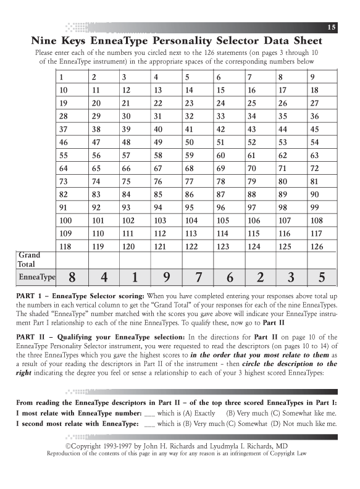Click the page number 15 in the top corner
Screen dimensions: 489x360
(x=332, y=28)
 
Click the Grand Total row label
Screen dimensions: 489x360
(x=29, y=259)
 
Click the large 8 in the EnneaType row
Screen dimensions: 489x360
(x=72, y=278)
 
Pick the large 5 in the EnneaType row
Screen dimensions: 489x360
(x=322, y=278)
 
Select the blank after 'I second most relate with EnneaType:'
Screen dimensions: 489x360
(x=149, y=423)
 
